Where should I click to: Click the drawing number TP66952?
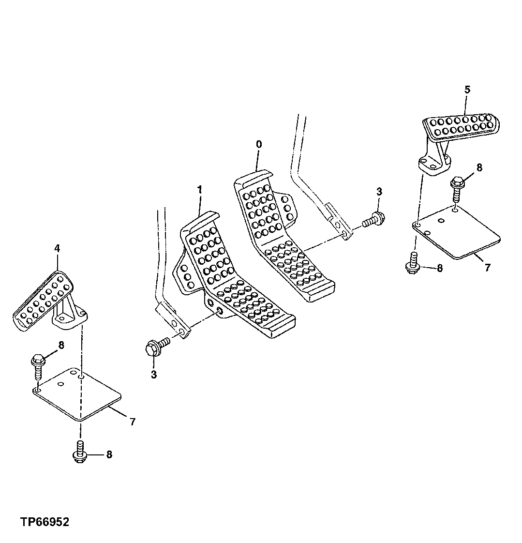tap(45, 522)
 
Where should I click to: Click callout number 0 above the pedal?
tap(259, 144)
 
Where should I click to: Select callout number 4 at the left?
tap(57, 248)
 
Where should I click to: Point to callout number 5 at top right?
tap(467, 89)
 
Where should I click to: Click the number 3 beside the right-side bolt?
tap(379, 192)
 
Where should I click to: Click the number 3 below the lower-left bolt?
tap(154, 374)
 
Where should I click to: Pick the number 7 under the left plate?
tap(133, 422)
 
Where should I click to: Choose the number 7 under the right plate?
tap(487, 268)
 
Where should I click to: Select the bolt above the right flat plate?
tap(456, 190)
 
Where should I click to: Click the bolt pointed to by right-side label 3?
tap(373, 220)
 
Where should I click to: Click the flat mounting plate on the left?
tap(77, 393)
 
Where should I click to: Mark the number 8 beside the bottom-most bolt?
tap(109, 454)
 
